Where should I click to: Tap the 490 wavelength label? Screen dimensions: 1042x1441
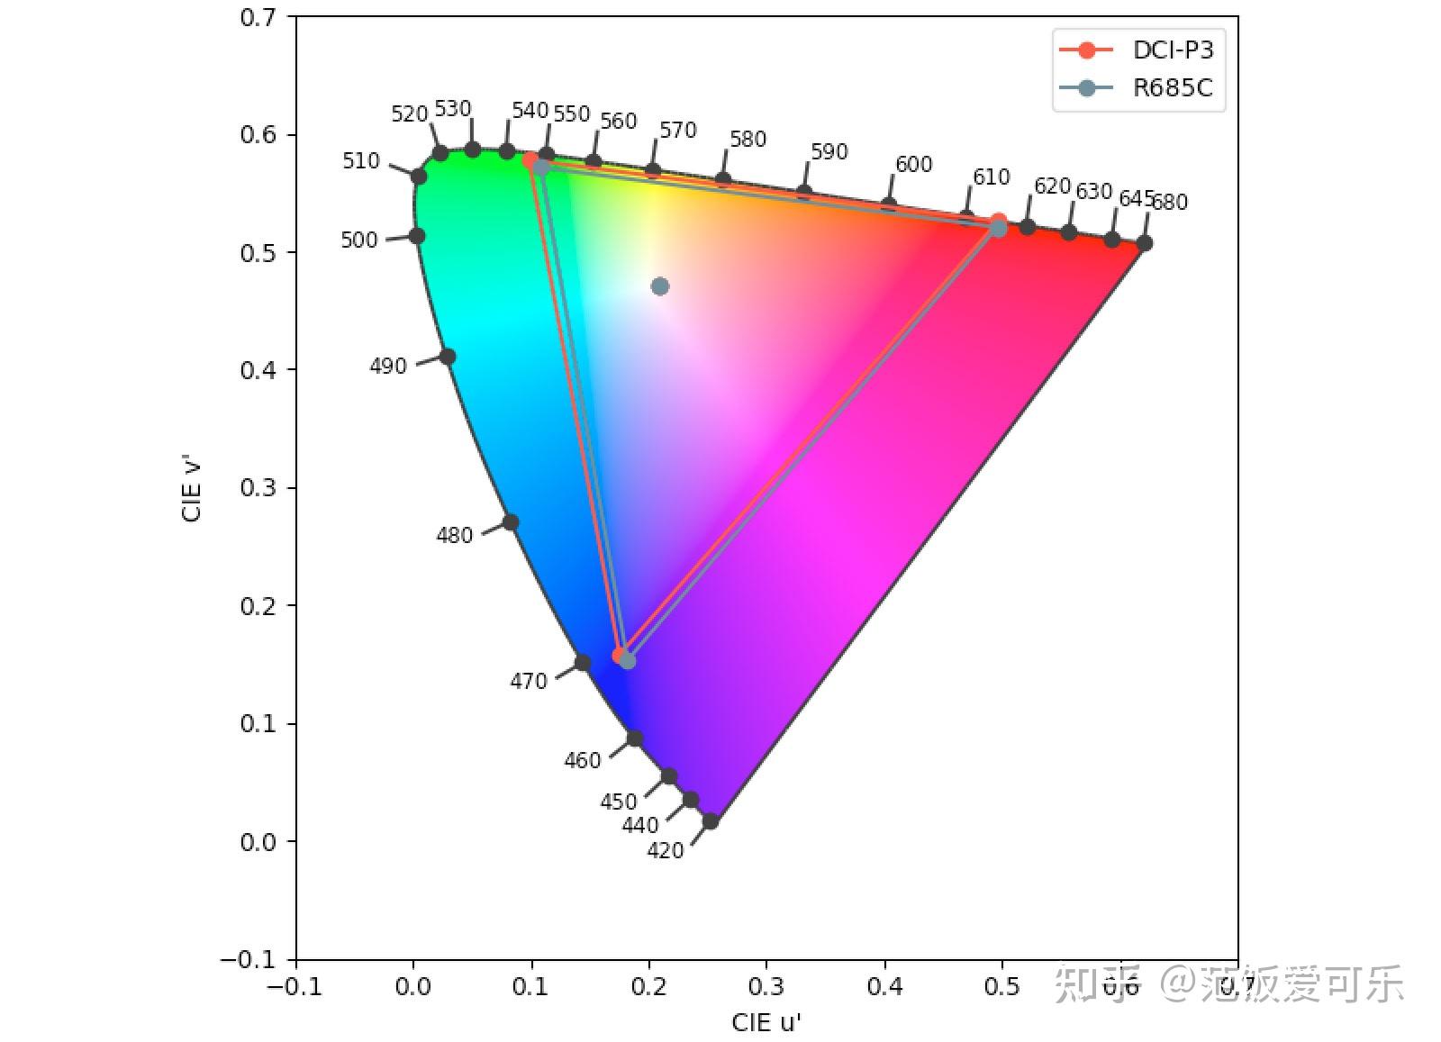[x=388, y=367]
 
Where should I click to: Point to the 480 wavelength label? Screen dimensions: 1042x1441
[x=454, y=536]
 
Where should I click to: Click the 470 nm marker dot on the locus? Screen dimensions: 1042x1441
[x=583, y=663]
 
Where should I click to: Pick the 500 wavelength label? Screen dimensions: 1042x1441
[x=358, y=240]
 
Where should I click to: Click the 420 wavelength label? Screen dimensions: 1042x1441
[x=665, y=851]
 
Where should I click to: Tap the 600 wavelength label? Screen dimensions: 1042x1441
[x=913, y=165]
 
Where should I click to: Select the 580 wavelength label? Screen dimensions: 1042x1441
[x=748, y=140]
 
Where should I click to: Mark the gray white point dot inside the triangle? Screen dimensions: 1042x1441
[x=660, y=286]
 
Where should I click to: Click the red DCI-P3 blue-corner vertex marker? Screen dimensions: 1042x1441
[x=619, y=656]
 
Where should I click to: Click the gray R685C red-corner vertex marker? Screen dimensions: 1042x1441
[x=998, y=229]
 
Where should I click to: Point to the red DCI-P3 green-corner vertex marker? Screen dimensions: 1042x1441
[x=530, y=160]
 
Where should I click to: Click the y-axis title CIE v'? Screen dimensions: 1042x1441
[x=192, y=492]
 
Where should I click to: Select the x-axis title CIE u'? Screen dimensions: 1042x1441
[x=766, y=1023]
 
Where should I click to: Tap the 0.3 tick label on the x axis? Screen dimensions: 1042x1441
[x=766, y=987]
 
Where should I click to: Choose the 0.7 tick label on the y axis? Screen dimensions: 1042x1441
[x=258, y=17]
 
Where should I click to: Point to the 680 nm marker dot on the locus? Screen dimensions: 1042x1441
[x=1144, y=243]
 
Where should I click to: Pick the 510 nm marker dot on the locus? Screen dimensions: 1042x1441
[x=419, y=177]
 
